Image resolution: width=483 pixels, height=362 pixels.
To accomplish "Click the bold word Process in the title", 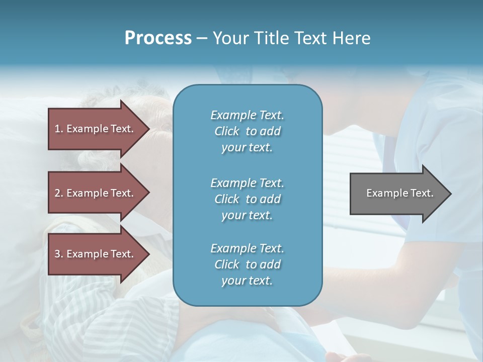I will tap(158, 38).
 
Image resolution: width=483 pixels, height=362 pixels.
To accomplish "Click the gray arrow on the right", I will tap(397, 193).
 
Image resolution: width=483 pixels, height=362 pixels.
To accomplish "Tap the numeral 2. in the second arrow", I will tap(59, 193).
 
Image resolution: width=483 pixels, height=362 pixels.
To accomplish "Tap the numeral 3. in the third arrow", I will tap(59, 254).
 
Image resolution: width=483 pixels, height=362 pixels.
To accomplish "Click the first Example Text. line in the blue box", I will tap(247, 115).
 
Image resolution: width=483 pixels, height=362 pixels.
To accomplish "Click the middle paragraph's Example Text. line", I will tap(247, 183).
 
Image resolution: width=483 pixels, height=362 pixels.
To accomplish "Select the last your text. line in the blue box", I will tap(247, 281).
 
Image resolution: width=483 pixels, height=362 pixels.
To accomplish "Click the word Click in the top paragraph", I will tap(227, 131).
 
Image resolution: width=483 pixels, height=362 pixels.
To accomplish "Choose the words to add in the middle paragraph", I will tap(263, 199).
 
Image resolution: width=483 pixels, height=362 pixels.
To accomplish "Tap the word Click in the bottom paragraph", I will tap(227, 264).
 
